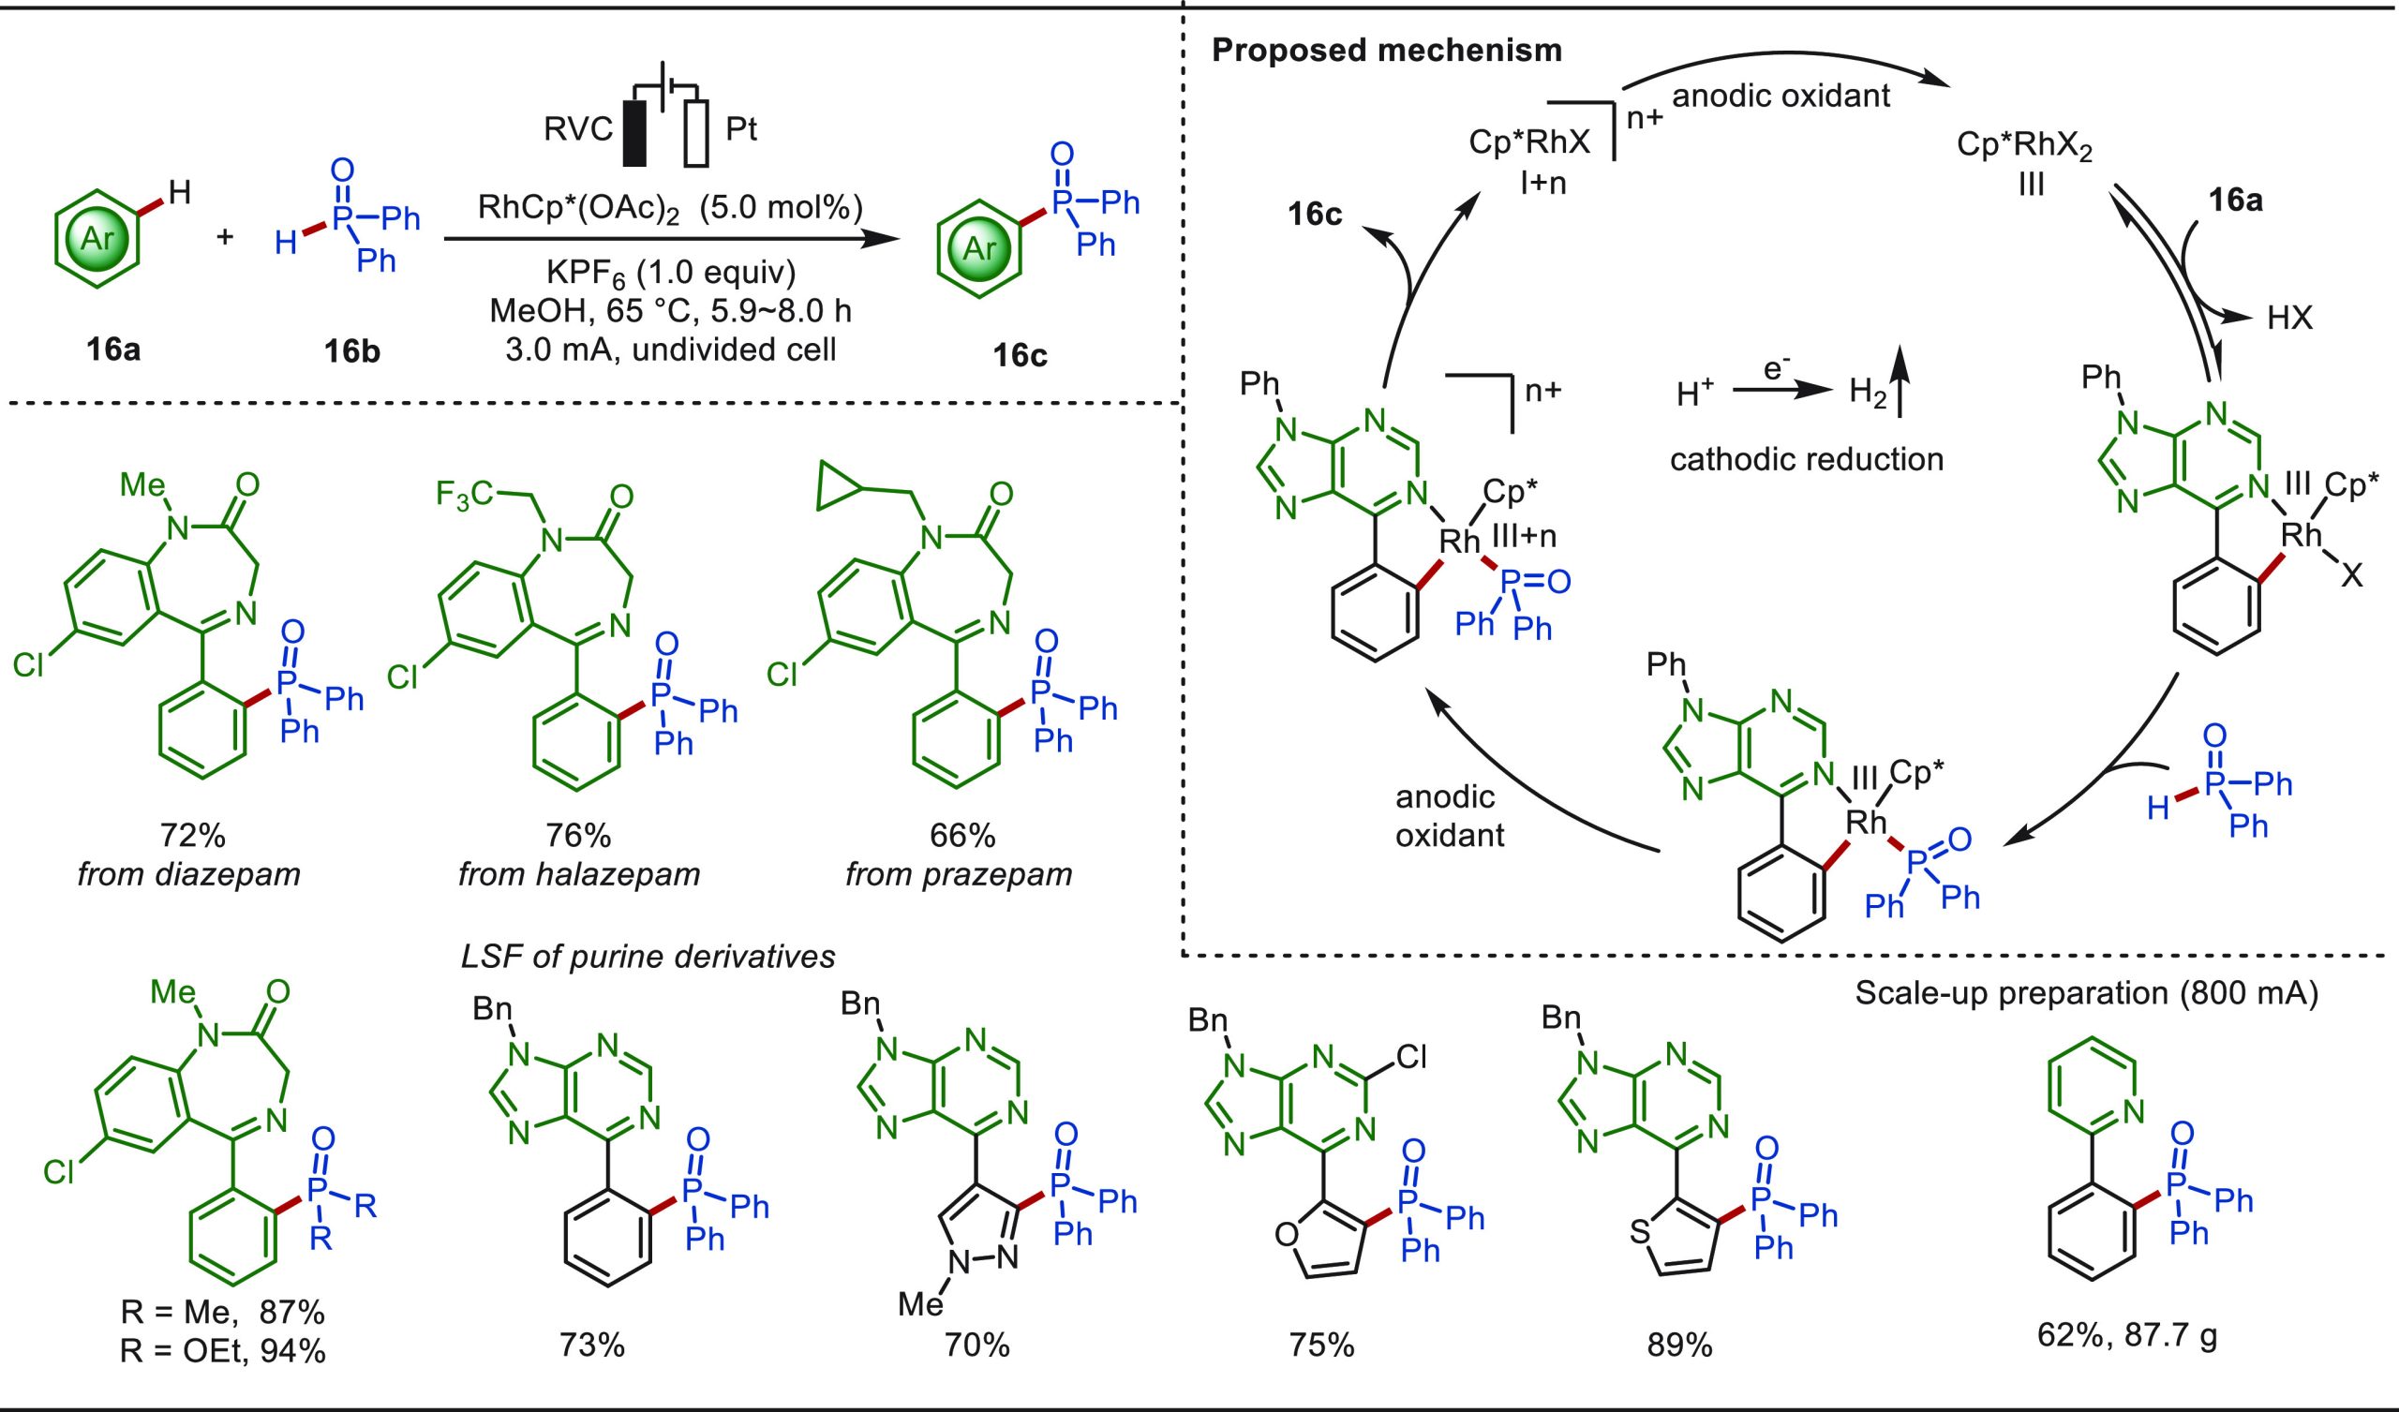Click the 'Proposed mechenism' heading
point(1386,51)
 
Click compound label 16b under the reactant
point(351,352)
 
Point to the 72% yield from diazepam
point(192,835)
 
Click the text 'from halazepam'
point(579,874)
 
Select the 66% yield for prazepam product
point(962,835)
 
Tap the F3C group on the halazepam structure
point(467,496)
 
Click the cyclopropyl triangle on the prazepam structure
point(838,483)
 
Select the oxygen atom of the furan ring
point(1286,1236)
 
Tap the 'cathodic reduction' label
point(1806,460)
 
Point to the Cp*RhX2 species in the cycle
point(2025,148)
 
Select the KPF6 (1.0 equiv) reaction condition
point(670,274)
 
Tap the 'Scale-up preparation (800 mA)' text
point(2087,993)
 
